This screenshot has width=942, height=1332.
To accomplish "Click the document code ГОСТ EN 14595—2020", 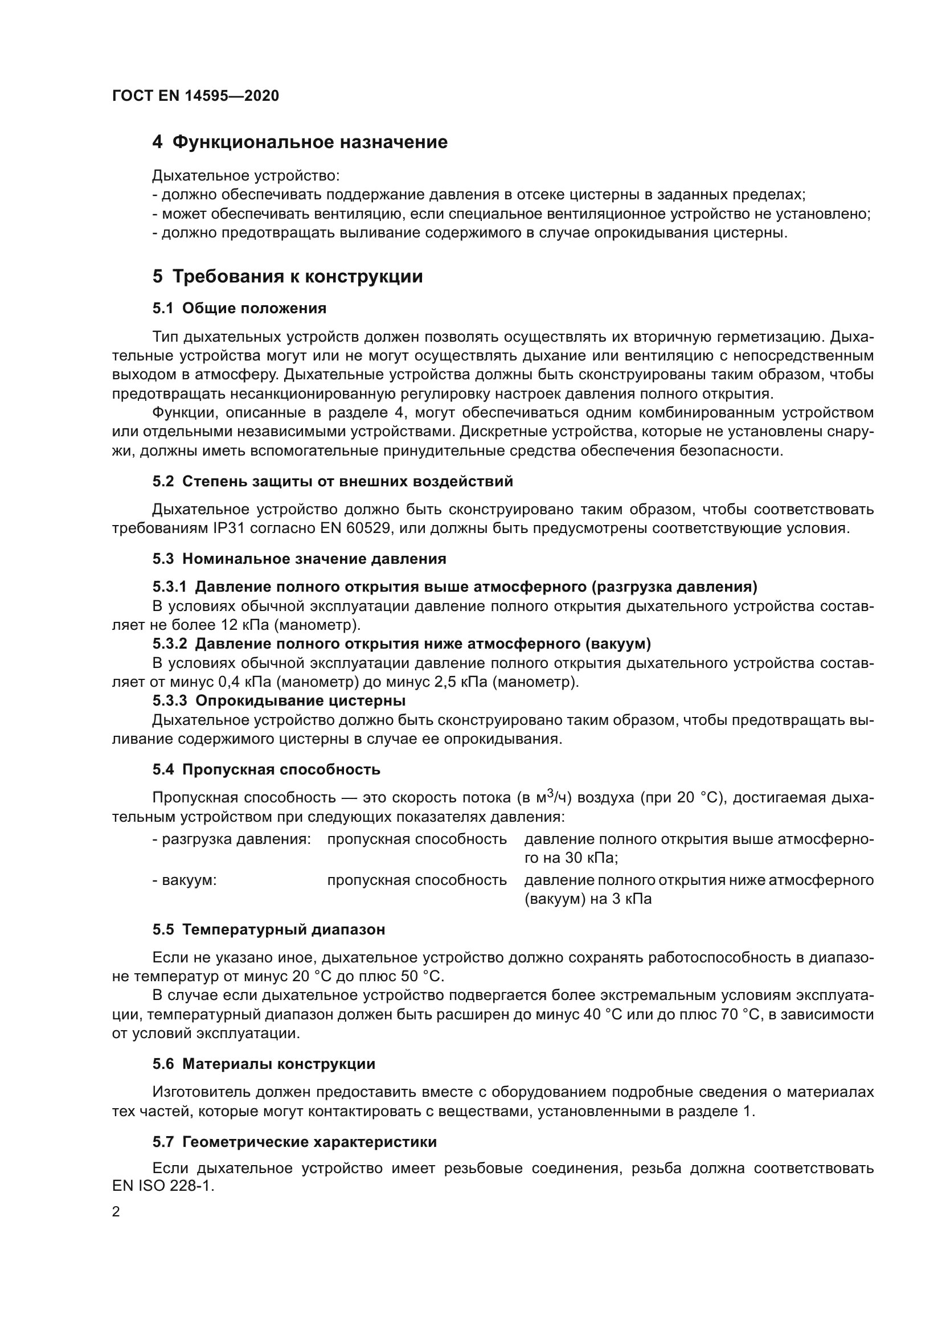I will pyautogui.click(x=195, y=96).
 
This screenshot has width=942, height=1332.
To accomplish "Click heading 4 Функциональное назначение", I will pyautogui.click(x=300, y=142).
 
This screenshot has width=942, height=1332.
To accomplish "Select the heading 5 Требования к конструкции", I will pyautogui.click(x=288, y=277).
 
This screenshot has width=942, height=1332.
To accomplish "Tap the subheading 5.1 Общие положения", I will pyautogui.click(x=240, y=309).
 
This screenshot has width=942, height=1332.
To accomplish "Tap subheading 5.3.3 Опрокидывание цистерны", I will pyautogui.click(x=279, y=701).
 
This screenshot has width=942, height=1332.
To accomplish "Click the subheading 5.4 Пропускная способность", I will pyautogui.click(x=266, y=770).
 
